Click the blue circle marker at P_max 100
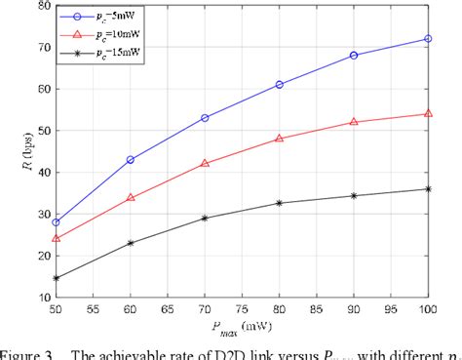pos(428,39)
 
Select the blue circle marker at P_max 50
pos(56,222)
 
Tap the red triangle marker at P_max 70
pos(205,163)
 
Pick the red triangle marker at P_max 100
pos(428,113)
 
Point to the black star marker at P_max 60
pos(131,243)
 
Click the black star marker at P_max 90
pos(354,196)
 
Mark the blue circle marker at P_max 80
pos(280,85)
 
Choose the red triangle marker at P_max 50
pos(56,238)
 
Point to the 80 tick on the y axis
pos(39,6)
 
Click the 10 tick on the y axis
pos(39,297)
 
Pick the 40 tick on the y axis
pos(39,172)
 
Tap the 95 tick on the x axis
pos(391,309)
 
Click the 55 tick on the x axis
pos(94,309)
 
